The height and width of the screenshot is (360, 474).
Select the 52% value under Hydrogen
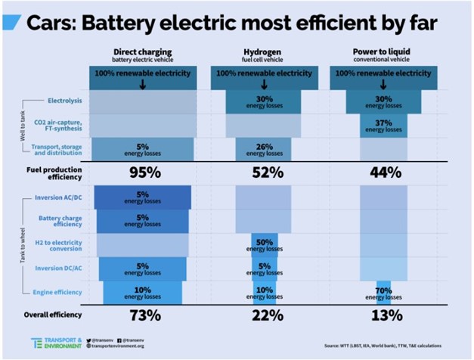tap(268, 172)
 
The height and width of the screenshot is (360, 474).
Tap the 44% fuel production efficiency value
tap(386, 172)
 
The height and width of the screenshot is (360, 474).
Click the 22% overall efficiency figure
tap(268, 315)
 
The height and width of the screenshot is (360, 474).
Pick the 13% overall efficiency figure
tap(386, 315)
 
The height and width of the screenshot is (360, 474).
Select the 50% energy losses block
tap(265, 244)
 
